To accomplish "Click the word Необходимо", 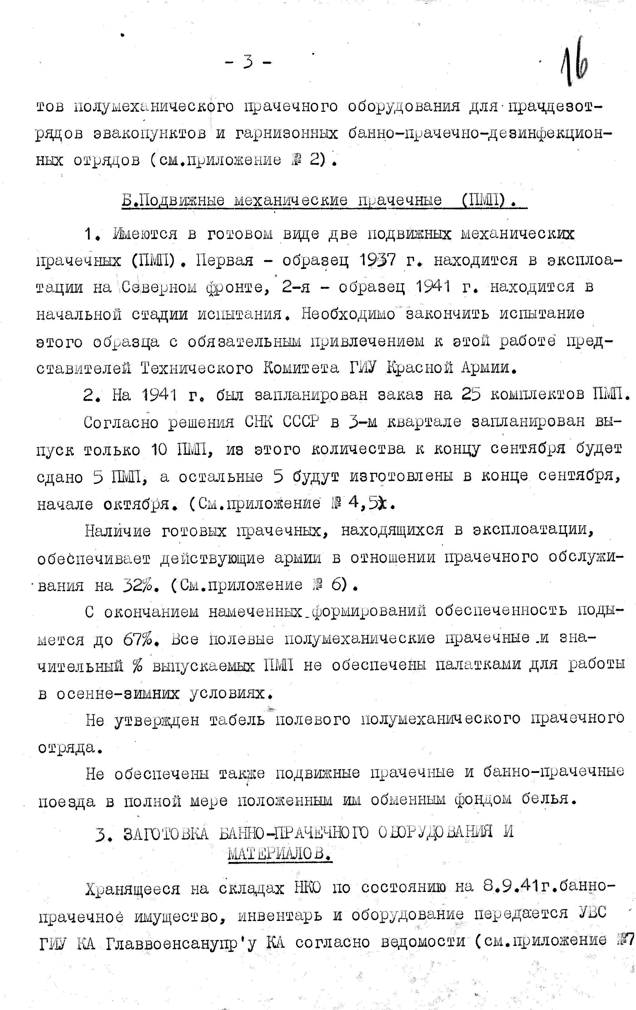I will click(348, 314).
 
